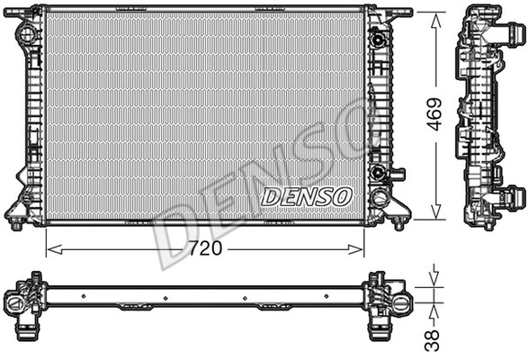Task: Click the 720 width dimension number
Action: pos(205,248)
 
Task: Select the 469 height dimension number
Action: pos(434,114)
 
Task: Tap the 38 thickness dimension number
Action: pos(432,340)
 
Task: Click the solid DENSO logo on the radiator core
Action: pos(307,196)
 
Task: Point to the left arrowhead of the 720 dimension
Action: pos(55,250)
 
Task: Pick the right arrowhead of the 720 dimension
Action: pos(355,250)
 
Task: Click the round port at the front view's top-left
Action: pos(27,33)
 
